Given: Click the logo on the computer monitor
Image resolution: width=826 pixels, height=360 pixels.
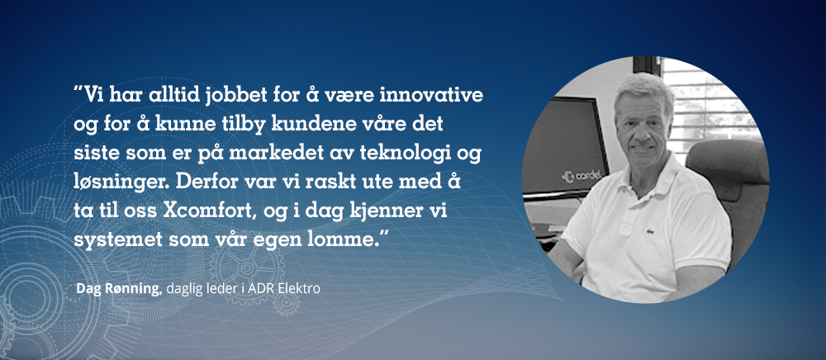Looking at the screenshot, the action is (x=583, y=176).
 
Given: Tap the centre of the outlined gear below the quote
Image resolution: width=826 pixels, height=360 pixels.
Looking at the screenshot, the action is (x=247, y=268).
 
